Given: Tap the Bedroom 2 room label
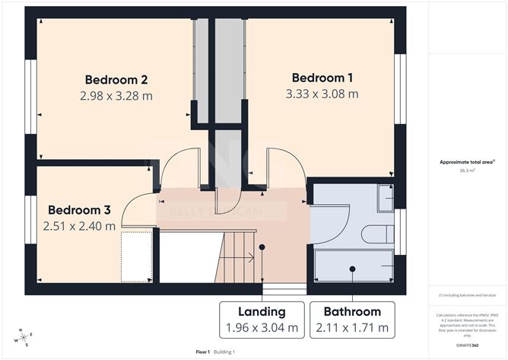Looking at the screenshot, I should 116,79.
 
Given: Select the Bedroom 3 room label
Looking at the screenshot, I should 80,209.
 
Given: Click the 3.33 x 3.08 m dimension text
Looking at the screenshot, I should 322,94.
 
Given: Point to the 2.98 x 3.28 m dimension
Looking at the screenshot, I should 116,96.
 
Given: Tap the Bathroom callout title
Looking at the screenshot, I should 352,311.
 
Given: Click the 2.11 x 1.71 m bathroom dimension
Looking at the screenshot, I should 352,329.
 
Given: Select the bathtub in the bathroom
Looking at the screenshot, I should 354,267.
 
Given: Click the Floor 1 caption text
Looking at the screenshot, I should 203,352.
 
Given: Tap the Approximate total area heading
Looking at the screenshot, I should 466,162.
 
